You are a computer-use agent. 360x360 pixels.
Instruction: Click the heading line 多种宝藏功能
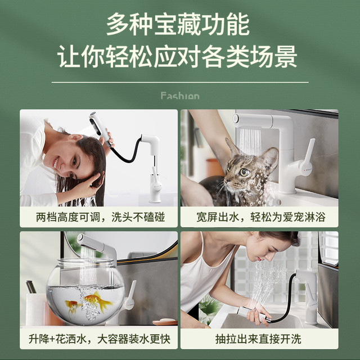(x=178, y=24)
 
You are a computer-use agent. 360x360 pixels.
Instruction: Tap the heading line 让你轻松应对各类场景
(x=178, y=56)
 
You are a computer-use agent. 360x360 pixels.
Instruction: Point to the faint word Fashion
(x=180, y=96)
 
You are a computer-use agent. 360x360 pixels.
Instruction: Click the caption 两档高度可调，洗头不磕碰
(x=100, y=217)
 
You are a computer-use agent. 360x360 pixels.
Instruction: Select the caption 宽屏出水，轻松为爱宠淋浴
(x=261, y=217)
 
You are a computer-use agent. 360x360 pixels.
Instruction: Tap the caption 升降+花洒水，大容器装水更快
(x=100, y=339)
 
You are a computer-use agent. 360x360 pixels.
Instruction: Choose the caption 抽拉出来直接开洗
(x=258, y=339)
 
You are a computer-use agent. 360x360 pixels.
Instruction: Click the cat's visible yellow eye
(x=245, y=172)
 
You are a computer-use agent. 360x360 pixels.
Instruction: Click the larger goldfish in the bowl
(x=96, y=300)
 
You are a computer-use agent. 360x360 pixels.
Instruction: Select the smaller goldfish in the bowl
(x=73, y=306)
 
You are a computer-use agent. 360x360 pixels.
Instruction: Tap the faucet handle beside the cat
(x=308, y=156)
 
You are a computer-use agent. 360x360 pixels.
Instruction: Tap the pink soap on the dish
(x=165, y=321)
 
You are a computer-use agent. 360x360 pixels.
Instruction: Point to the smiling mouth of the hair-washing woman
(x=55, y=163)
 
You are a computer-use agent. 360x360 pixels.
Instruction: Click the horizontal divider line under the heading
(x=180, y=82)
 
